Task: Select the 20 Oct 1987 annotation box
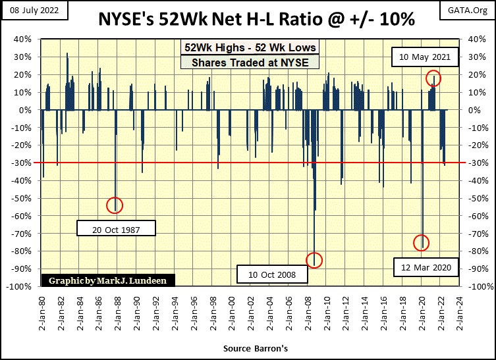coord(116,229)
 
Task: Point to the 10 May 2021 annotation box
coord(425,57)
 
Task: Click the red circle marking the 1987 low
coord(115,205)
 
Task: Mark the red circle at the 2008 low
coord(314,260)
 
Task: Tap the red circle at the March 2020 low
coord(421,243)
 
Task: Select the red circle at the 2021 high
coord(433,78)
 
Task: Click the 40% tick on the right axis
coord(478,39)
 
